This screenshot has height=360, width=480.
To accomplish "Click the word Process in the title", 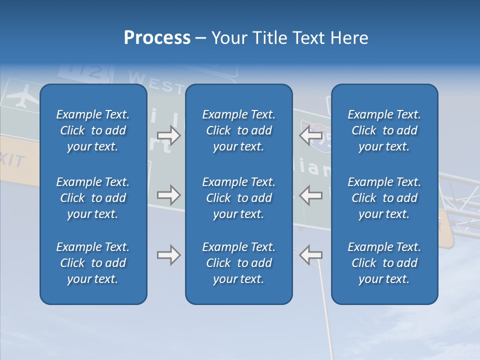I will [157, 38].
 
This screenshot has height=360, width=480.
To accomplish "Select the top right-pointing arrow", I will [168, 135].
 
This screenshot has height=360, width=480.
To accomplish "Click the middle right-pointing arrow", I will [168, 195].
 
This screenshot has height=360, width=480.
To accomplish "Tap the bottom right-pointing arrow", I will [168, 255].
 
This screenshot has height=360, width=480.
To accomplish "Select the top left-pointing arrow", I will [310, 135].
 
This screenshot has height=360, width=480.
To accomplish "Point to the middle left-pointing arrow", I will [310, 195].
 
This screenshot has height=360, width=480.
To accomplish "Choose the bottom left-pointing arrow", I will [310, 255].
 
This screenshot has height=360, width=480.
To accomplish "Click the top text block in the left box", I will [93, 130].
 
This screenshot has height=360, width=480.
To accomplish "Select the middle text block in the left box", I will [93, 198].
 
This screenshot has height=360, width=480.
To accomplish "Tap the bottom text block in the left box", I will [93, 263].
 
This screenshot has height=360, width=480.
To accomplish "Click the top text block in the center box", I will [238, 130].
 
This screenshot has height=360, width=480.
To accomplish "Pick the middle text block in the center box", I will [238, 198].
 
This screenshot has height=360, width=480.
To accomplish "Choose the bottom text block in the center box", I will [238, 263].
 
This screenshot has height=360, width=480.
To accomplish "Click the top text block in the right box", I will [384, 130].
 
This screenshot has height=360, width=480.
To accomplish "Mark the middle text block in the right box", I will [384, 198].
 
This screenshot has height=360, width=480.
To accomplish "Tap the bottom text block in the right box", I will [384, 263].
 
